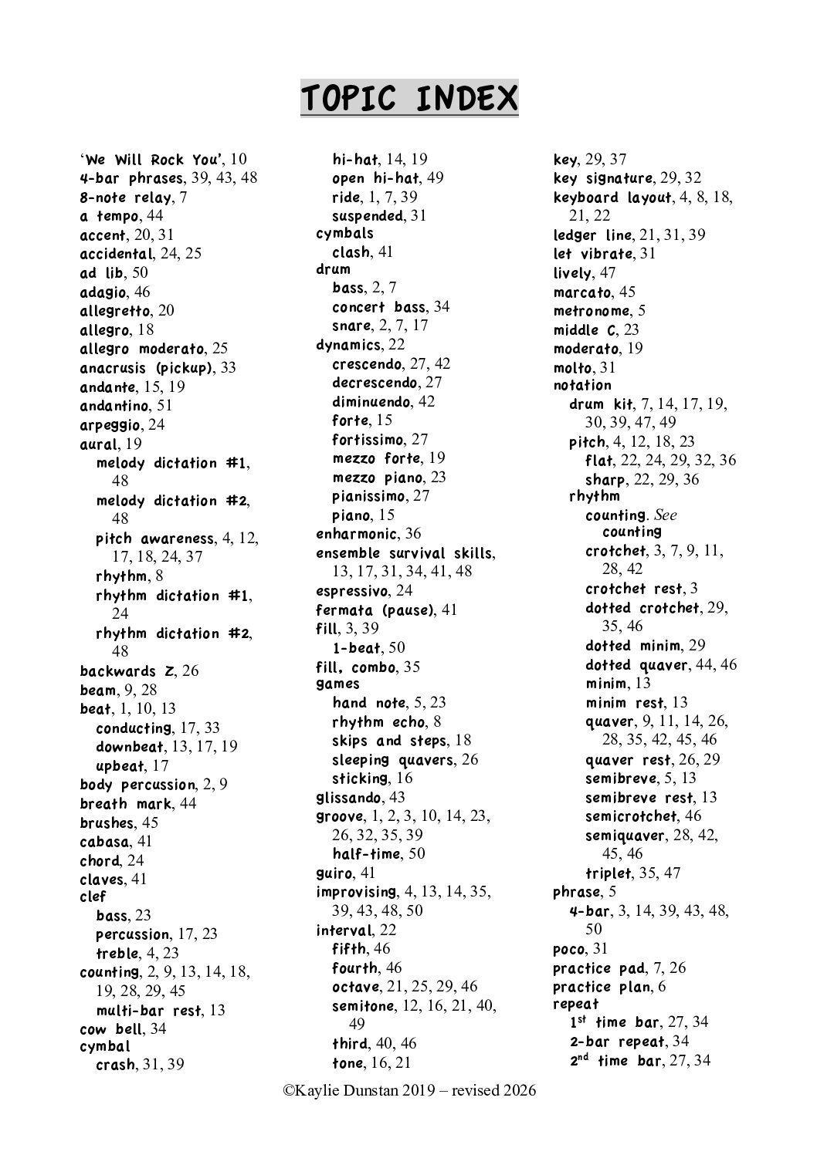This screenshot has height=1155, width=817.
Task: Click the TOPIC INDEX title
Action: pos(408,99)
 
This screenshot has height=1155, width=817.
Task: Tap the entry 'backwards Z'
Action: pos(127,670)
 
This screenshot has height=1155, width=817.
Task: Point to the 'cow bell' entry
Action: pos(112,1028)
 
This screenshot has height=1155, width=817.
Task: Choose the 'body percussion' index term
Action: pos(138,785)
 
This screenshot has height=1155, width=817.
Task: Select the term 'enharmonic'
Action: pos(357,534)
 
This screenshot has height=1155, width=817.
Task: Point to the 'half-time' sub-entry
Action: pos(366,853)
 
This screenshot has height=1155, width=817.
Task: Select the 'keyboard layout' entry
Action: pos(612,198)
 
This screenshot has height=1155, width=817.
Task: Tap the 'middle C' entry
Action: pos(586,329)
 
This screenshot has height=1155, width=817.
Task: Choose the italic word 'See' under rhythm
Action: pos(665,515)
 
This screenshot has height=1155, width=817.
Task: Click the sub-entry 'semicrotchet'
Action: pos(632,816)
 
